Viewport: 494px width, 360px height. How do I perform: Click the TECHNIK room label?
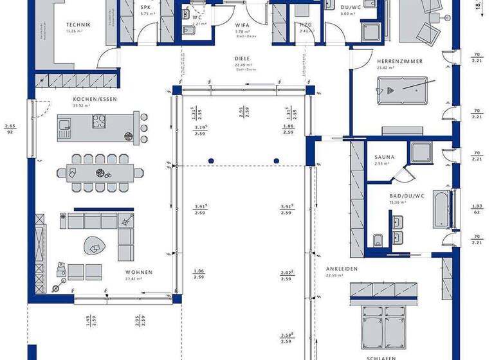[78, 25]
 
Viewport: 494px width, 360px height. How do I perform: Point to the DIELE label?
[242, 58]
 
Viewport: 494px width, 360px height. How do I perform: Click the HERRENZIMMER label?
[400, 61]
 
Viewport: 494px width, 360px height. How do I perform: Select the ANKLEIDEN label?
[342, 269]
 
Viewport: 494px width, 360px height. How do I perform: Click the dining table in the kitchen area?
[99, 172]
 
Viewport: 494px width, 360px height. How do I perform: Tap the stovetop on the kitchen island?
[100, 120]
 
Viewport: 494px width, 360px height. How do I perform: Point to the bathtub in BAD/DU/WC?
[443, 209]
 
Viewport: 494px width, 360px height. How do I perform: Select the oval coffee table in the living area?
[95, 246]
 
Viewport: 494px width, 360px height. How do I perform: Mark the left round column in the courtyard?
[210, 161]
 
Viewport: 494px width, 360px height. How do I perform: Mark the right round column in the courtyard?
[277, 161]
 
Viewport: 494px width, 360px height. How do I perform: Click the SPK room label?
[145, 8]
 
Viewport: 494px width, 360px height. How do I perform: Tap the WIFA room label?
[242, 26]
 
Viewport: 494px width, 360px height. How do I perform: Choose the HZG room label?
[306, 25]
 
